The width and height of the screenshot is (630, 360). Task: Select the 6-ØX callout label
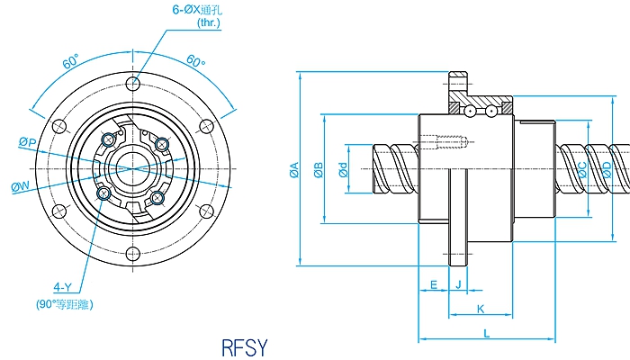tap(190, 10)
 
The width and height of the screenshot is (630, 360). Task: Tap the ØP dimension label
tap(27, 143)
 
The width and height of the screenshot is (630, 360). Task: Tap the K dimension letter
tap(481, 309)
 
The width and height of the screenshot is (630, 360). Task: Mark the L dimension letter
tap(486, 333)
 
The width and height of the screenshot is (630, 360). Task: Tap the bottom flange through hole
tap(133, 253)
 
